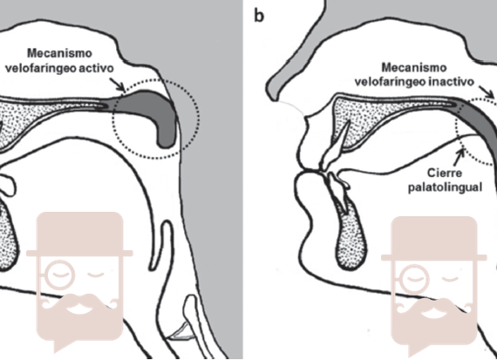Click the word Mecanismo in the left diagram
[x=59, y=53]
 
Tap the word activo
[x=97, y=68]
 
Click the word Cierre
[x=440, y=173]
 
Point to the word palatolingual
[x=445, y=187]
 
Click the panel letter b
[x=259, y=16]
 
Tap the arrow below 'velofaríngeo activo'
[x=119, y=85]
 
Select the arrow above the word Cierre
[x=459, y=157]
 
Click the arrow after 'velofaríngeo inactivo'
[x=486, y=92]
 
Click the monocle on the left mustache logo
[x=59, y=275]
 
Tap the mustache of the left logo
[x=80, y=303]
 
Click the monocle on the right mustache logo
[x=414, y=279]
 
